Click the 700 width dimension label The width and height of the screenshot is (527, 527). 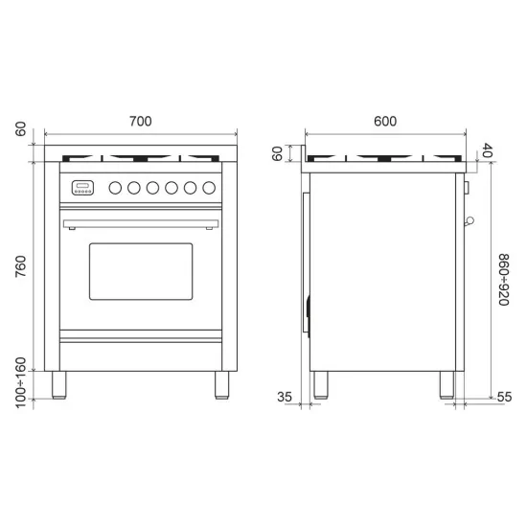point(141,122)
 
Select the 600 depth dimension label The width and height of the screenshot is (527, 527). point(384,122)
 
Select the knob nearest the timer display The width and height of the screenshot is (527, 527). point(114,188)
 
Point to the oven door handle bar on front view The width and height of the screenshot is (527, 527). point(141,224)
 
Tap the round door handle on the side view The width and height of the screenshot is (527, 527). point(469,222)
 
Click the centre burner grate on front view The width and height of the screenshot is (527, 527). point(141,156)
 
